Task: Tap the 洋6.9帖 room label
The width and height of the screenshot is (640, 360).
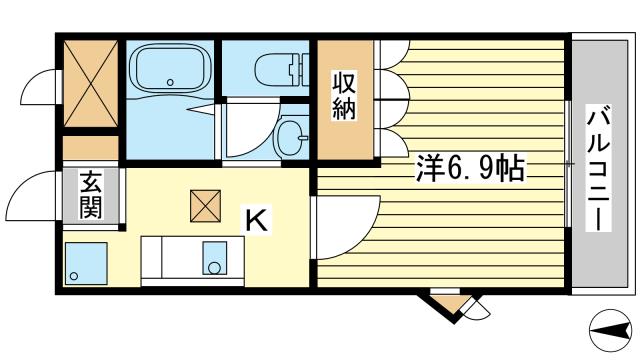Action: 469,169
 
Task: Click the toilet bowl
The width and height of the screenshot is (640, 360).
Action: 274,71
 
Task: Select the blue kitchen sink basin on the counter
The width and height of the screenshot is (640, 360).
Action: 214,259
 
